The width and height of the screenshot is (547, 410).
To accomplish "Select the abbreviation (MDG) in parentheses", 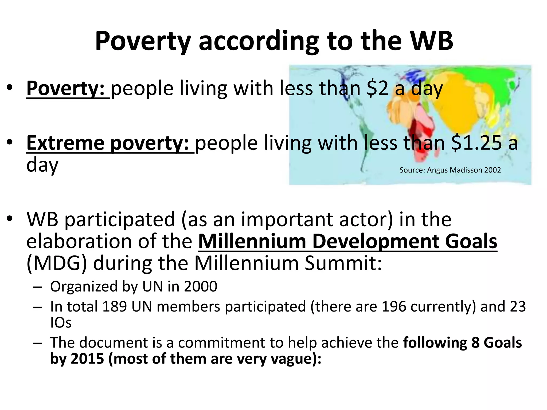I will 57,263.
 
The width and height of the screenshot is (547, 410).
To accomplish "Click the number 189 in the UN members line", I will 114,306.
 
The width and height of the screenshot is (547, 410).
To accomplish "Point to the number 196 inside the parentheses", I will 394,306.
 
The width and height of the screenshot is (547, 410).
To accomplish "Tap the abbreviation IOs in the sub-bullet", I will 61,323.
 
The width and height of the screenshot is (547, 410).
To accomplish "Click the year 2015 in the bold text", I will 87,358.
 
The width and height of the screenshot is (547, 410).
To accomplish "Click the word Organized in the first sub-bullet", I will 84,287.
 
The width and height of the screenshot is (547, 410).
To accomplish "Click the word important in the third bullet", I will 287,219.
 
